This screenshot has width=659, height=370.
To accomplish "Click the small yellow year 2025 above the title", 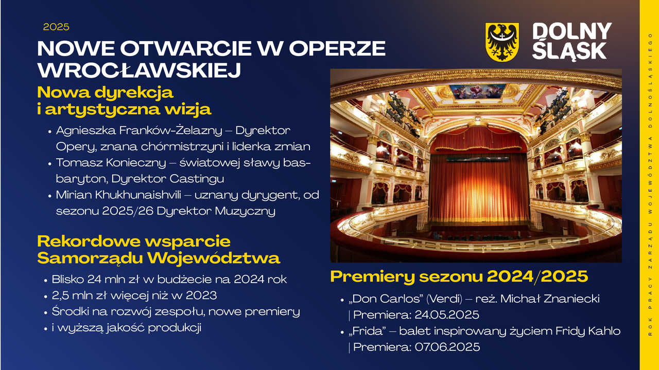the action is coord(56,27).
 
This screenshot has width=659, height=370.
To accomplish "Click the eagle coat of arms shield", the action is coord(502,42).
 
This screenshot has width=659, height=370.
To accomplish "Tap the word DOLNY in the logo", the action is coord(572,31).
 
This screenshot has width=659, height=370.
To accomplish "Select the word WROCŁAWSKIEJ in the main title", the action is coord(139,70).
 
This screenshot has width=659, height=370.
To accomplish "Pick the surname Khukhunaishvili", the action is coord(138,195).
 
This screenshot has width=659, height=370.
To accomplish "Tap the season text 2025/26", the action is coord(128,211).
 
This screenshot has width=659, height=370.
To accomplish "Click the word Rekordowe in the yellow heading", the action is coord(88,242).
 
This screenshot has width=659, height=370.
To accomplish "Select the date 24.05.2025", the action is coord(447,315).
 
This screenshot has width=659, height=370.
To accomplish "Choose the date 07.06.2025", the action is coord(447,347).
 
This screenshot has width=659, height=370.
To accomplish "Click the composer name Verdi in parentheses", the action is coord(444,299).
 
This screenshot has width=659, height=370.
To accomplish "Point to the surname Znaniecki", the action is coord(571,299).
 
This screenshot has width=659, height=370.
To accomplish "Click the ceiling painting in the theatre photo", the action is coord(477,91).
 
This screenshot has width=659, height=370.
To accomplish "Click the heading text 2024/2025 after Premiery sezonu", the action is coord(537,276).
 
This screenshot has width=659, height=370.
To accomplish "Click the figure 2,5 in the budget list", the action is coord(60,295).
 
